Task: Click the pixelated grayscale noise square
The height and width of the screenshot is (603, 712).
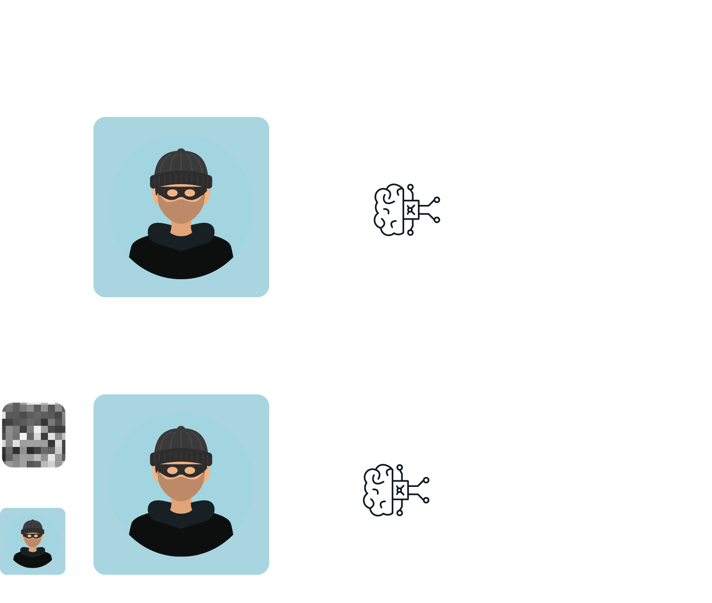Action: [x=33, y=435]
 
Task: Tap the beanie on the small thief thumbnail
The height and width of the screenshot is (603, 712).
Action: [x=32, y=526]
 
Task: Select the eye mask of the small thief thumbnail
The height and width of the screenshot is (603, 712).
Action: [x=32, y=536]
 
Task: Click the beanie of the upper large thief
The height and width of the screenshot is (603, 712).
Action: [x=181, y=167]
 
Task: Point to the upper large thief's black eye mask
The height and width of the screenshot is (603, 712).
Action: [x=181, y=193]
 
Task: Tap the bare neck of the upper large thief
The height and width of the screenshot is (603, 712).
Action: [x=181, y=229]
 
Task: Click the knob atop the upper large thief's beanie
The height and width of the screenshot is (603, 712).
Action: [x=181, y=151]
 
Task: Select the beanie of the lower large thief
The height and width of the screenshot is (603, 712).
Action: [x=181, y=444]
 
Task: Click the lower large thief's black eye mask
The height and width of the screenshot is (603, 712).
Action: [x=181, y=470]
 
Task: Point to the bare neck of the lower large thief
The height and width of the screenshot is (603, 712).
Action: [x=181, y=507]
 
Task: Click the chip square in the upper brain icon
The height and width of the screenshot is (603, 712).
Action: [x=411, y=210]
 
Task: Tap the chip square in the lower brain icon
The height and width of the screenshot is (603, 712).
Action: [x=400, y=490]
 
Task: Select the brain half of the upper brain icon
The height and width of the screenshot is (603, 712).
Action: [x=389, y=210]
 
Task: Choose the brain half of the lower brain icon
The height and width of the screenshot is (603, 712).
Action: [x=378, y=490]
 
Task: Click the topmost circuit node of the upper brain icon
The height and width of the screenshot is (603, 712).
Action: [x=410, y=187]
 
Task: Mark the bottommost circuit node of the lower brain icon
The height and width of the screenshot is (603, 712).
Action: [x=399, y=513]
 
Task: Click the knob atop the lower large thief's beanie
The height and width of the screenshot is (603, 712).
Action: [x=181, y=428]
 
